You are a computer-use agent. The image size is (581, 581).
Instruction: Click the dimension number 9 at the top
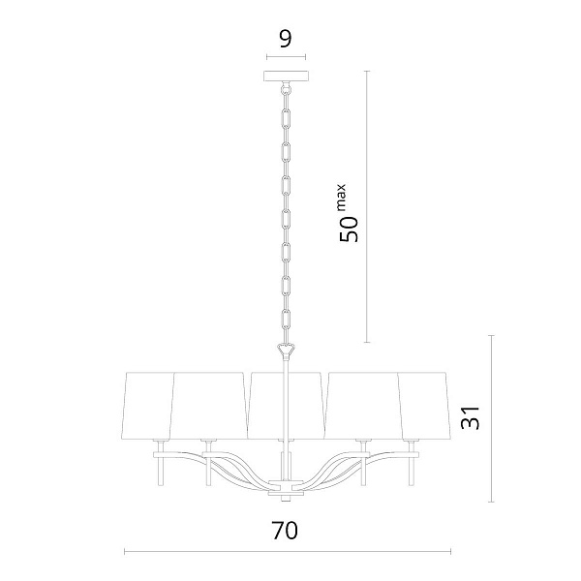[x=286, y=40]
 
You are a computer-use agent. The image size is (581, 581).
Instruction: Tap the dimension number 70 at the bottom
[x=285, y=531]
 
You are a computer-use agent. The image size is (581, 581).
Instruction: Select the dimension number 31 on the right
[x=470, y=417]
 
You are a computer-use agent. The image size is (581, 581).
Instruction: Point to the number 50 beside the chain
[x=349, y=229]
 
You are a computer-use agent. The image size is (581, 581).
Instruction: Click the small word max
[x=341, y=196]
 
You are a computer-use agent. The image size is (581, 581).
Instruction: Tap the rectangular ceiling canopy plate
[x=286, y=76]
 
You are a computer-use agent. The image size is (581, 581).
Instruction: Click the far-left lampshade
[x=147, y=406]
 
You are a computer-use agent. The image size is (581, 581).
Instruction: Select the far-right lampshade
[x=425, y=406]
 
